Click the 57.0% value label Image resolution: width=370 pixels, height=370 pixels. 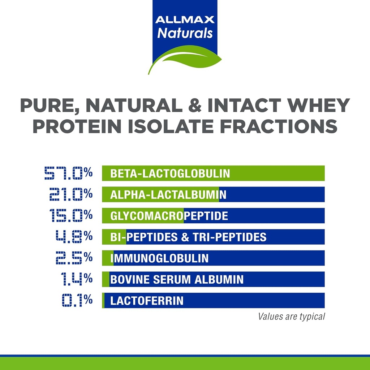coord(68,173)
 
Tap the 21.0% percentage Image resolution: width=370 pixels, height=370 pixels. coord(71,194)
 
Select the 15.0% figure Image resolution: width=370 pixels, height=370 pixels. coord(71,216)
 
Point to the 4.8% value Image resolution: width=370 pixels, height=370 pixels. coord(74,237)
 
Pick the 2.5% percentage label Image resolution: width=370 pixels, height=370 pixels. coord(74,258)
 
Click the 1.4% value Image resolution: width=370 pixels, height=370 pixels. coord(76,279)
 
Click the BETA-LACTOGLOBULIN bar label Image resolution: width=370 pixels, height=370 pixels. coord(170,173)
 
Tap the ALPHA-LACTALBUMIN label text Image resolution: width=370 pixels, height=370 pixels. coord(168,195)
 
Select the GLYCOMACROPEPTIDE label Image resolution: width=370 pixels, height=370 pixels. coord(169,216)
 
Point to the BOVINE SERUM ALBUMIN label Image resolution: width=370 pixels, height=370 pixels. coord(177,280)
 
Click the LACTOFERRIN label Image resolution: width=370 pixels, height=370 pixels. coord(147,301)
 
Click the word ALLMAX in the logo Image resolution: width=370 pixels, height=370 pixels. coord(185,20)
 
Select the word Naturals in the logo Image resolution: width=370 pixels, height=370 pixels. coord(185,33)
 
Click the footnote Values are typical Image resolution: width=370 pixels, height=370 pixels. coord(291,317)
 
